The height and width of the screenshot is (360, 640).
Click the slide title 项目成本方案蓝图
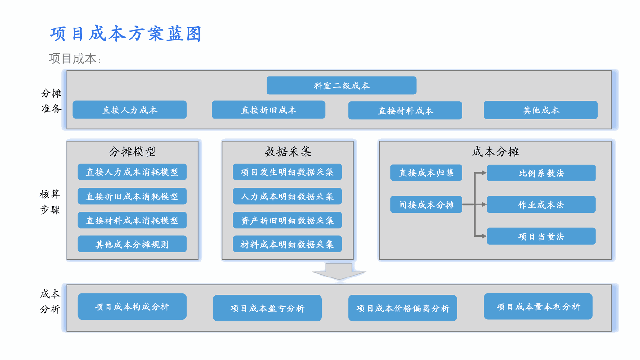point(126,34)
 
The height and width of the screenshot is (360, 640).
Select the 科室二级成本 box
point(341,85)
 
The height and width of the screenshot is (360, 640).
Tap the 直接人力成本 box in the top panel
point(130,110)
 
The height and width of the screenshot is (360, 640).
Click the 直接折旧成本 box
point(268,110)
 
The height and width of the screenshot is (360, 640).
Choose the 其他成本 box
point(540,110)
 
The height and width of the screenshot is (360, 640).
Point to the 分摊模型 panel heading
point(133,152)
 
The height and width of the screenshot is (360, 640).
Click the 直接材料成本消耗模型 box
point(132,220)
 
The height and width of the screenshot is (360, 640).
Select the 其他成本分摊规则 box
point(132,244)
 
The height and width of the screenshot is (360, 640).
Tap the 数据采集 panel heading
point(288,152)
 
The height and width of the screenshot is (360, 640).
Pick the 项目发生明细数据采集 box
point(287,172)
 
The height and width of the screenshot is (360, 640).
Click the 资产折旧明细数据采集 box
point(287,220)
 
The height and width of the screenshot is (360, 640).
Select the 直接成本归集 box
point(426,172)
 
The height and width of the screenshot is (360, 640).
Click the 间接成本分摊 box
point(426,204)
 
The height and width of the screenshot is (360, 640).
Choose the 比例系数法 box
point(541,173)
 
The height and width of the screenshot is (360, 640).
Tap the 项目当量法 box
point(541,236)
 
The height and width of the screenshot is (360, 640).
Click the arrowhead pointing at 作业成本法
point(484,204)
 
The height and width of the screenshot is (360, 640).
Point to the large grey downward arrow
point(339,272)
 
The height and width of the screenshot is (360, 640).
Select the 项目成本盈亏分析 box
point(267,308)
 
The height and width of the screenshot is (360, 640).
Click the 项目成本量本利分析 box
point(538,306)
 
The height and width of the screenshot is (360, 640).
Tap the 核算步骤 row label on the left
point(50,202)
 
